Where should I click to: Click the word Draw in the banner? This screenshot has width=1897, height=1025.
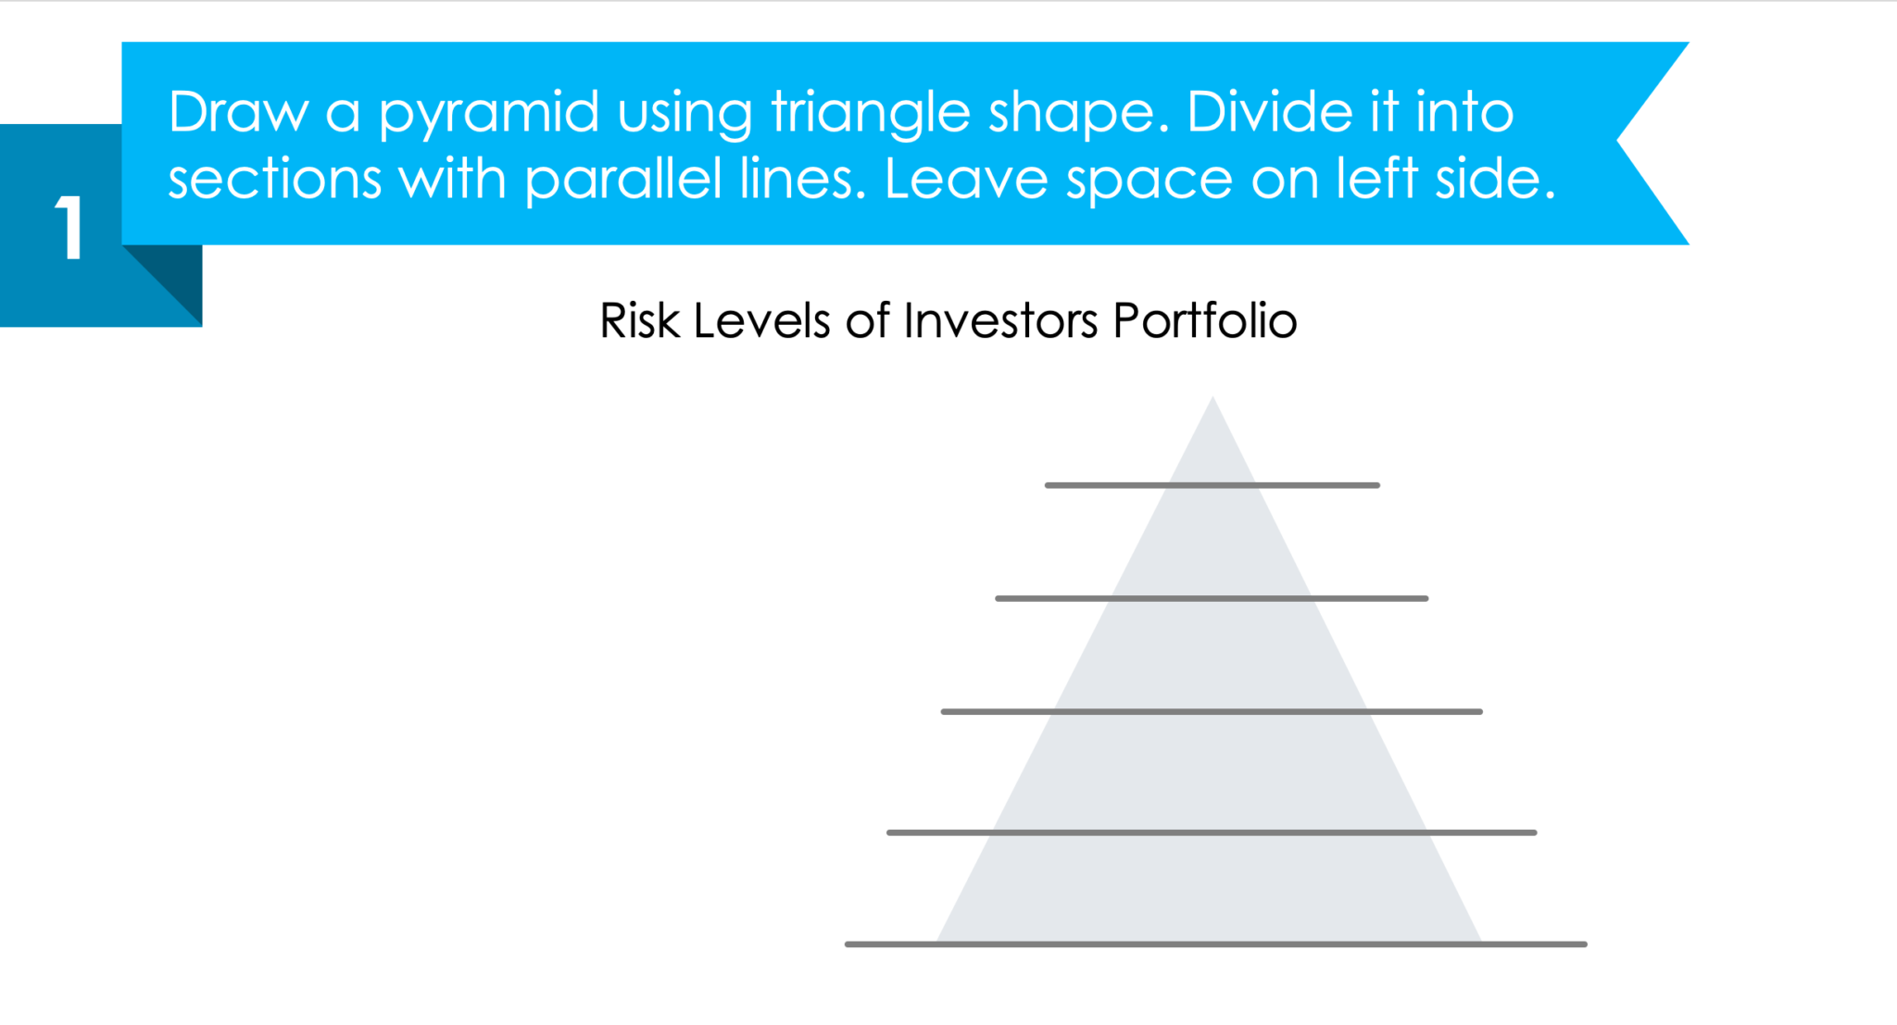pyautogui.click(x=238, y=112)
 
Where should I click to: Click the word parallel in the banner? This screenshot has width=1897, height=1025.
pyautogui.click(x=622, y=180)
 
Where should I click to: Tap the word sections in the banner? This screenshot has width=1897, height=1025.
pyautogui.click(x=274, y=179)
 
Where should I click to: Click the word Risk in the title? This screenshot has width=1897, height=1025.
pyautogui.click(x=639, y=321)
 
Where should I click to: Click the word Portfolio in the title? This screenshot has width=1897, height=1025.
pyautogui.click(x=1204, y=321)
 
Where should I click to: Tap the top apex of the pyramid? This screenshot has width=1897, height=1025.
pyautogui.click(x=1212, y=400)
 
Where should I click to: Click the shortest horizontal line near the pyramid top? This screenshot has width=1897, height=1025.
pyautogui.click(x=1212, y=485)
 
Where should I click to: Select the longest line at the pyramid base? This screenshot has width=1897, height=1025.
pyautogui.click(x=1215, y=944)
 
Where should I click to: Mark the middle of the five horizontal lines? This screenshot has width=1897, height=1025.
pyautogui.click(x=1212, y=712)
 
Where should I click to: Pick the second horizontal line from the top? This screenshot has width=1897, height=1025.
pyautogui.click(x=1212, y=599)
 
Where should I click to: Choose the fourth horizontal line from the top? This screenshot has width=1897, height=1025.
pyautogui.click(x=1212, y=832)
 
